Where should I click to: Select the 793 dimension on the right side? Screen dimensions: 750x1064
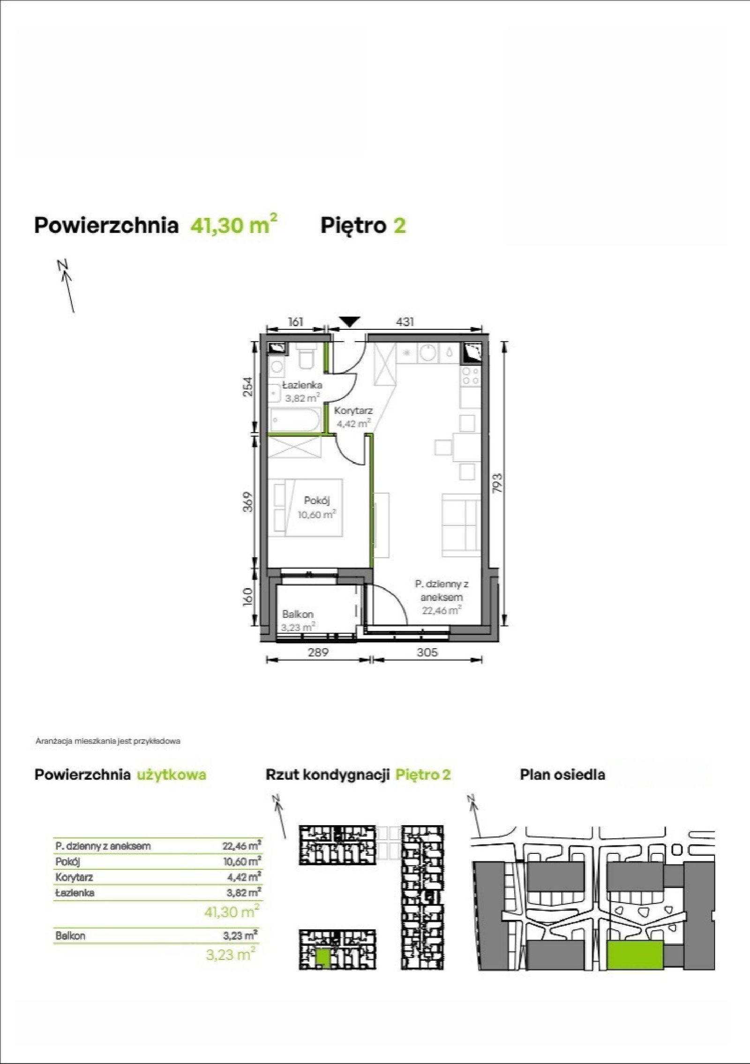[x=498, y=483]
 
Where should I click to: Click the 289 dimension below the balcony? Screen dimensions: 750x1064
[x=318, y=652]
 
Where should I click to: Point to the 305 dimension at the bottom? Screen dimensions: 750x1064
[x=427, y=652]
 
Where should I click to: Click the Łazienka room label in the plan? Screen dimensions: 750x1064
[x=302, y=385]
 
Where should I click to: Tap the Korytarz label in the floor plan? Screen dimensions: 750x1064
[x=353, y=411]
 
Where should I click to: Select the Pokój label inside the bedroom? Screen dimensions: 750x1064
[x=317, y=501]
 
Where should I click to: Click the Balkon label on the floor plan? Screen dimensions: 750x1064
[x=298, y=614]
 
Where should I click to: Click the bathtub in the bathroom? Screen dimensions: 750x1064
[x=294, y=419]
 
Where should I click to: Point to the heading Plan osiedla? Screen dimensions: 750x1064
[x=562, y=775]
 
